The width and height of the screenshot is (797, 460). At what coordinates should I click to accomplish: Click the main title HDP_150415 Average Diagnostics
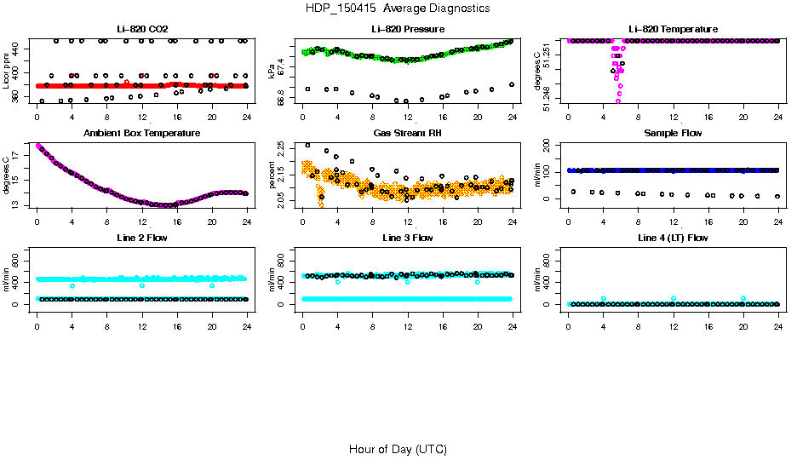tap(398, 9)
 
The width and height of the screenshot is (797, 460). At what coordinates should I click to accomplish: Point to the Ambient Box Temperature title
tap(141, 134)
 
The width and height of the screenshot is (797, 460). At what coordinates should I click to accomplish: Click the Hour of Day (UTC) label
tap(398, 449)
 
